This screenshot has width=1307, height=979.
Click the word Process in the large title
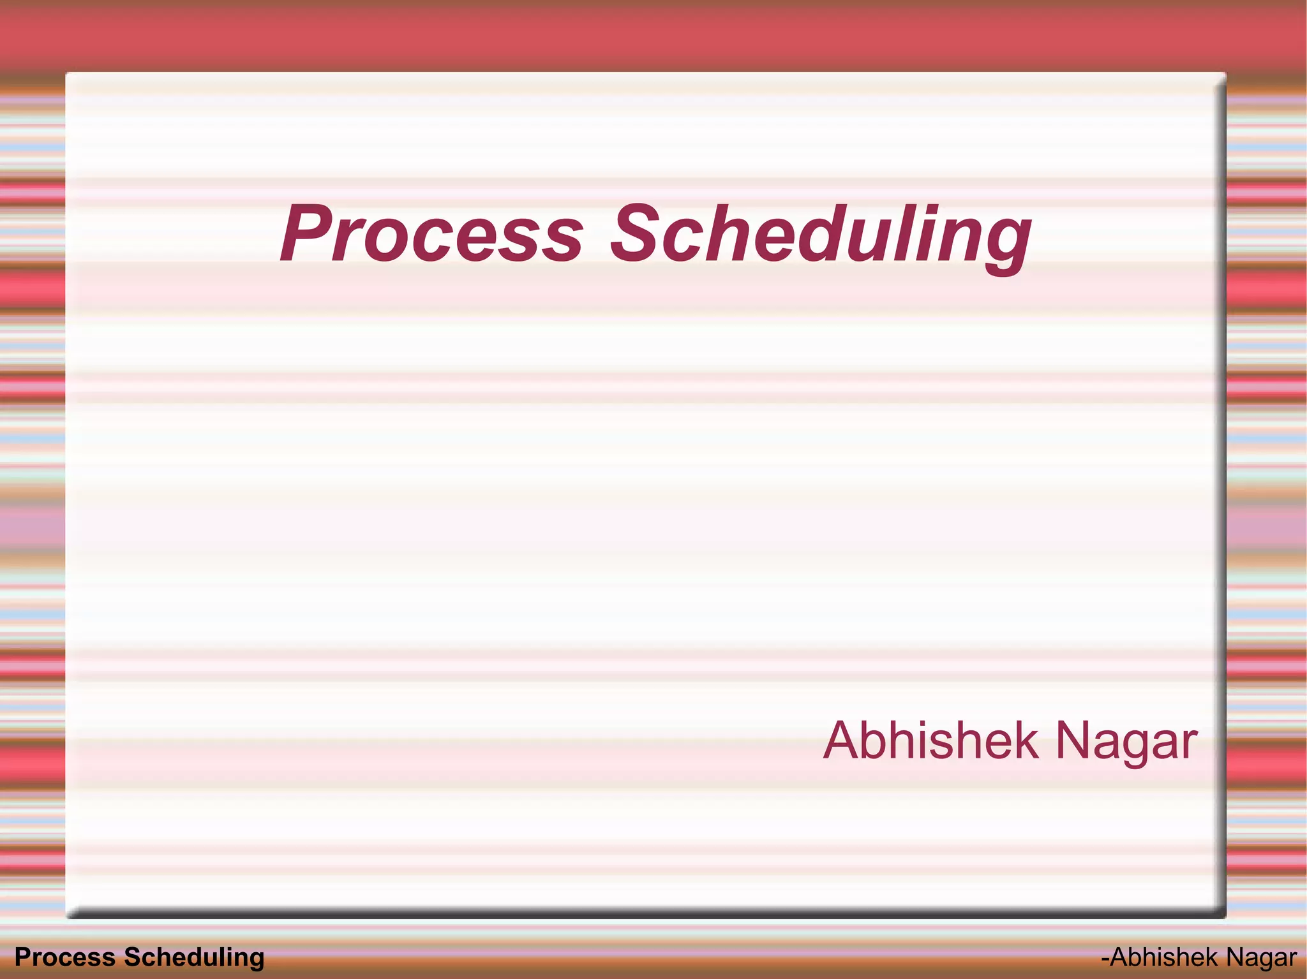tap(431, 233)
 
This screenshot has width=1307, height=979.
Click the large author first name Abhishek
tap(930, 740)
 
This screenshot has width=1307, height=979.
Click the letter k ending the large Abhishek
tap(1026, 740)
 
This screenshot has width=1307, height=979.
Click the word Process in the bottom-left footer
tap(64, 957)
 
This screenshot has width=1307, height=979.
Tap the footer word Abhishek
tap(1163, 957)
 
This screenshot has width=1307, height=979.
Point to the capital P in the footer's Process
tap(22, 957)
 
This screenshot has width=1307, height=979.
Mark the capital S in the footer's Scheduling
tap(131, 957)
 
